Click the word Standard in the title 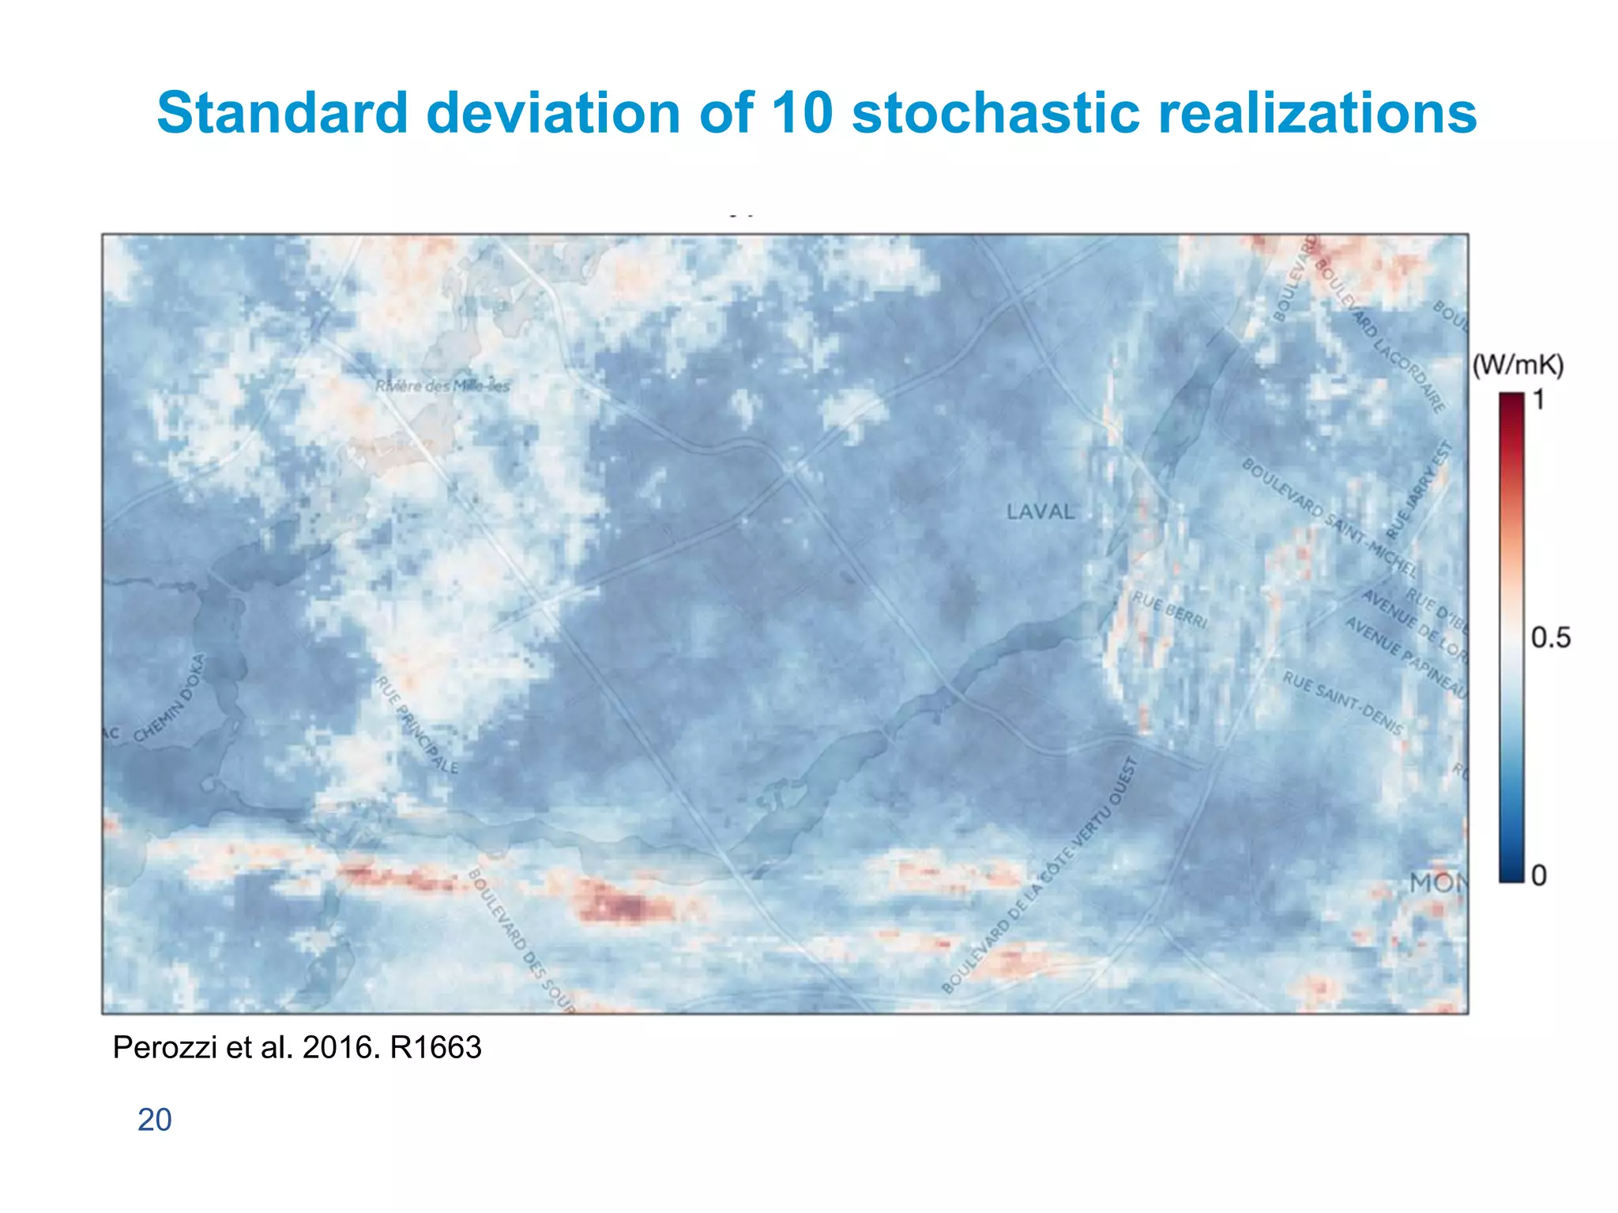282,112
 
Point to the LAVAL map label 1040,512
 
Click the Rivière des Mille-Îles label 442,386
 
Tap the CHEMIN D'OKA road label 169,699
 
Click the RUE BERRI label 1170,610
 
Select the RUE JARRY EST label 1420,490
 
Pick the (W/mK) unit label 1518,365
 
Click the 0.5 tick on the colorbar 1550,637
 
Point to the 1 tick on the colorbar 1538,400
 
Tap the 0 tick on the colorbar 1538,875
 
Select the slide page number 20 154,1120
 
